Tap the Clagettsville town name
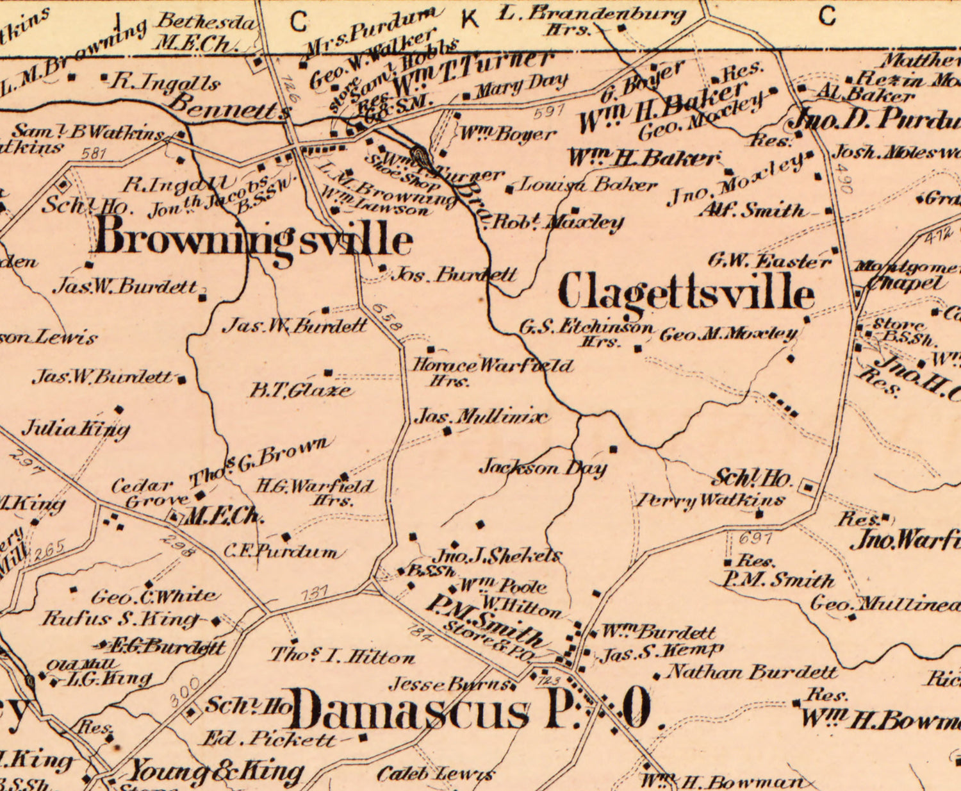686,293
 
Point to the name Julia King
76,428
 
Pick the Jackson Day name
543,467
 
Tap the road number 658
387,317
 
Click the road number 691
755,538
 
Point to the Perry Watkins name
710,500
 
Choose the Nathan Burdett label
753,672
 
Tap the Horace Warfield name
492,366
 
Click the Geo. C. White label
154,597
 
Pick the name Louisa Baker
587,185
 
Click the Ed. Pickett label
269,739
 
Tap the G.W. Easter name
769,261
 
